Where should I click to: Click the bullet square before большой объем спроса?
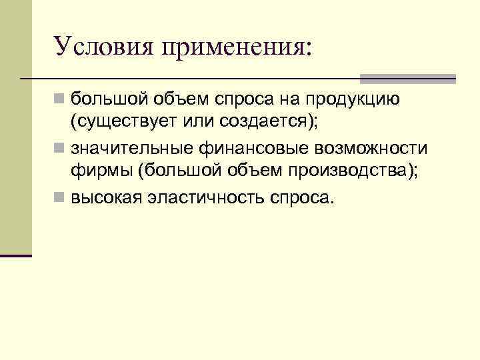point(60,99)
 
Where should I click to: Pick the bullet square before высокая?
point(60,197)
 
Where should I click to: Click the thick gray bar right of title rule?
point(408,78)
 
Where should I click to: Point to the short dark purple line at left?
point(16,255)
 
